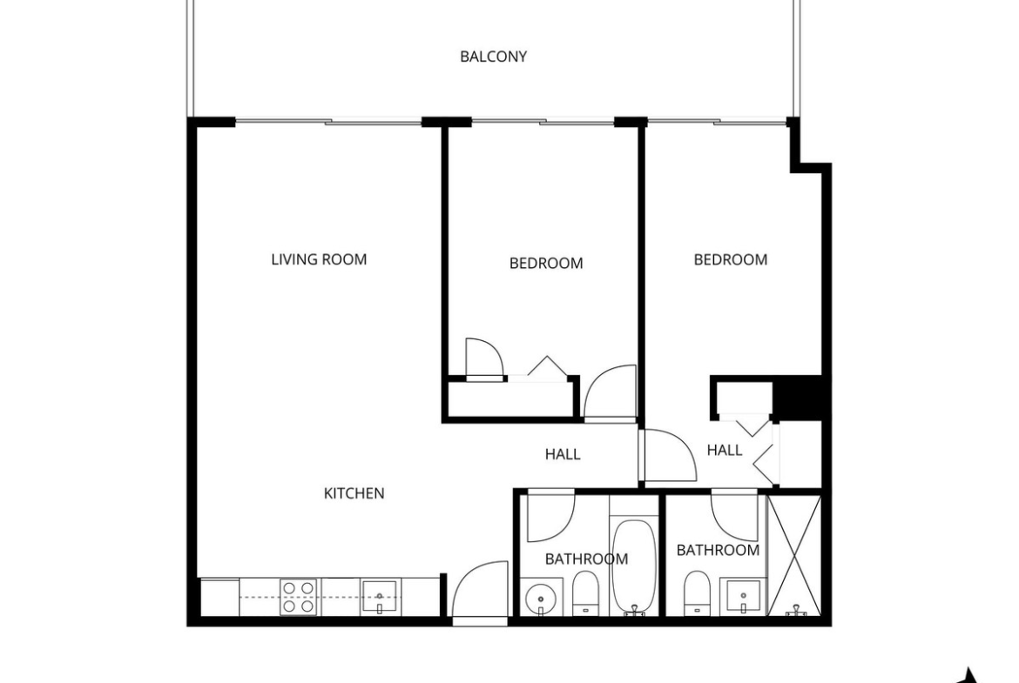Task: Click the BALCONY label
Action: coord(493,57)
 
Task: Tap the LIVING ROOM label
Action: coord(319,259)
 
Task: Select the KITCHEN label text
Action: coord(354,493)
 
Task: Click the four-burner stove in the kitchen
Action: coord(298,597)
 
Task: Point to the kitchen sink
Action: coord(379,597)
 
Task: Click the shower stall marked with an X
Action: coord(794,555)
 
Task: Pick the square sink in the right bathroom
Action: coord(744,597)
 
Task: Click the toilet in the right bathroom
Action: coord(698,593)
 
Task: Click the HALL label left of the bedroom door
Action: coord(563,454)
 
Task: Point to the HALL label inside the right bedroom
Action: coord(725,450)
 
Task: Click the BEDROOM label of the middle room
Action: coord(546,264)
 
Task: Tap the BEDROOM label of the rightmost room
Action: coord(731,259)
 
